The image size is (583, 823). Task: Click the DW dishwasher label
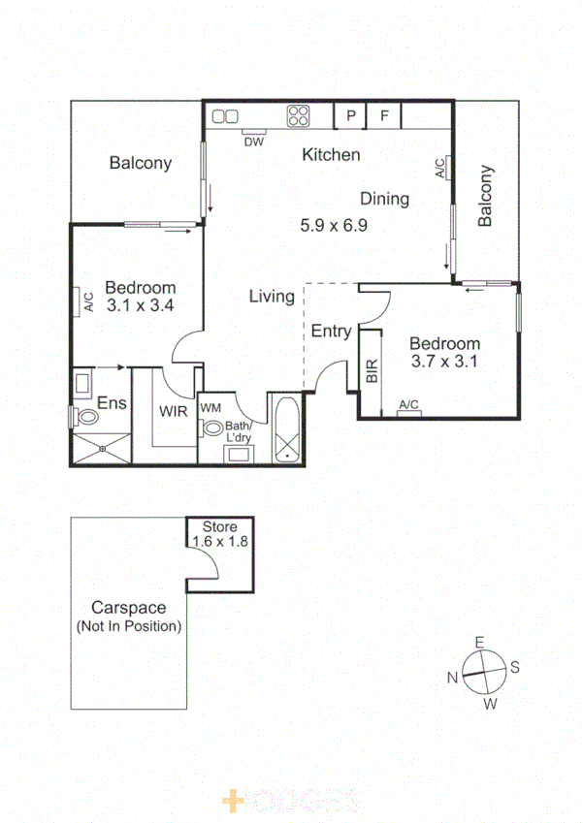[254, 142]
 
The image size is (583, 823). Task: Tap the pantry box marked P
[350, 116]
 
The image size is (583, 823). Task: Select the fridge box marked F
[384, 116]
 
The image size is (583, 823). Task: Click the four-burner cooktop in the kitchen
[298, 116]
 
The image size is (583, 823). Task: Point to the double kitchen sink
[226, 116]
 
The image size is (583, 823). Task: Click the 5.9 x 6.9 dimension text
[333, 225]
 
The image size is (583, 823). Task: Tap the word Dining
[384, 199]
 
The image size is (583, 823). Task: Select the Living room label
[272, 297]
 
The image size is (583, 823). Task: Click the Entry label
[331, 332]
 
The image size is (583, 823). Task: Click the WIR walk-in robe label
[174, 411]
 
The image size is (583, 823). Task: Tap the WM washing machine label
[211, 408]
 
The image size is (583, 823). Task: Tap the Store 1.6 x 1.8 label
[220, 534]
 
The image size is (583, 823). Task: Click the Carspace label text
[128, 608]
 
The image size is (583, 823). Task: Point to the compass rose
[482, 668]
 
